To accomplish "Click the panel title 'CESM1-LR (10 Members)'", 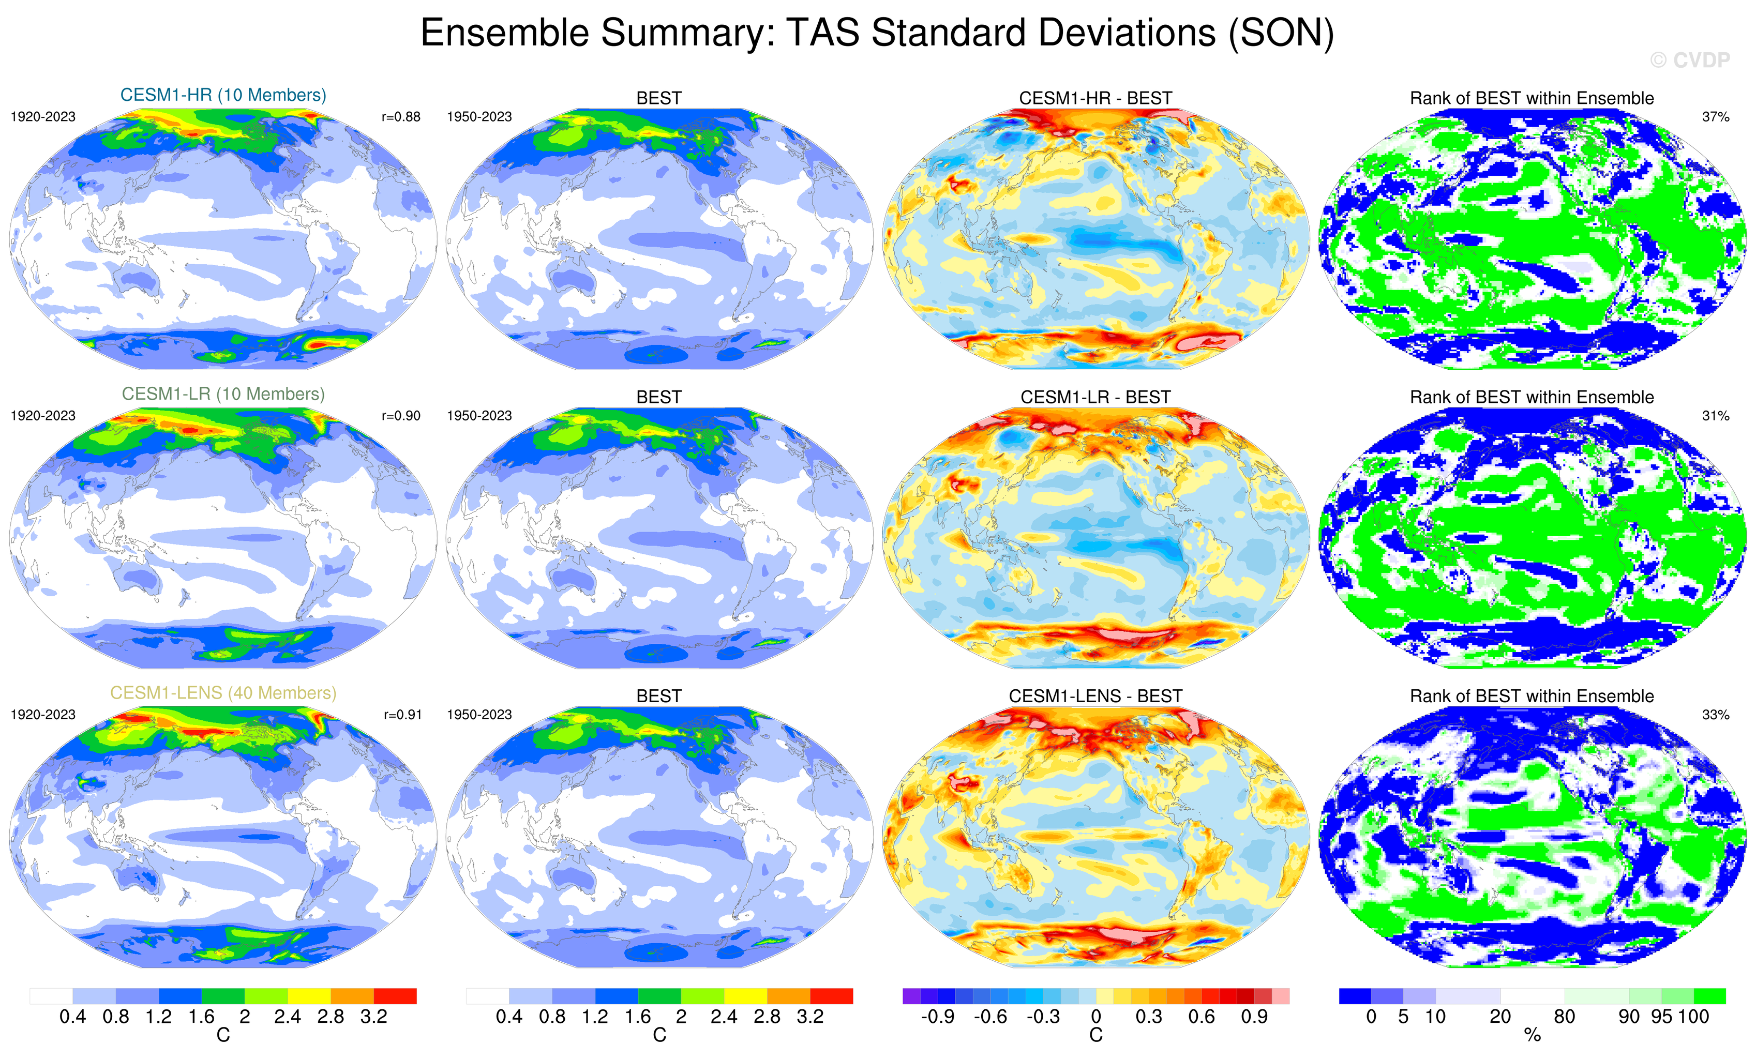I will [x=223, y=394].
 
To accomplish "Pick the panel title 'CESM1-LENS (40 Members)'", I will [x=223, y=693].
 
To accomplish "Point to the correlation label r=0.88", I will [x=401, y=117].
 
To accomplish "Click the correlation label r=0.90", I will [x=401, y=415].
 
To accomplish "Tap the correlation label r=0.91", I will [x=402, y=715].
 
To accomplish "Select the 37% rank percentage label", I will [x=1715, y=117].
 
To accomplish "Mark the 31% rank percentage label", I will [x=1715, y=415].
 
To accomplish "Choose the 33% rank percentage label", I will [x=1715, y=715].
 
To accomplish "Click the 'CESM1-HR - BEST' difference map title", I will [x=1095, y=98].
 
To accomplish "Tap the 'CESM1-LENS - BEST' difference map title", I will [x=1095, y=696].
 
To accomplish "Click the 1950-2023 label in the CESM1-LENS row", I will [x=479, y=715].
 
